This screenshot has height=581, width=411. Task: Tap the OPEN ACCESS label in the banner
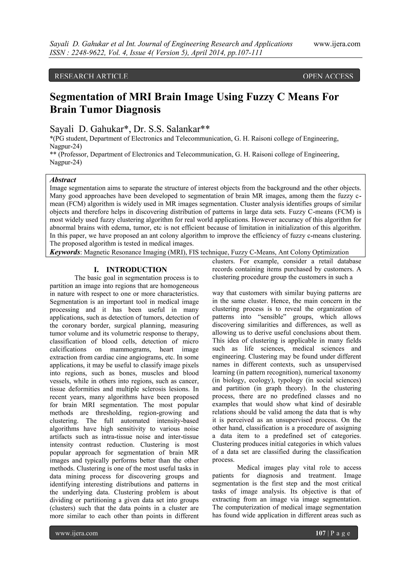coord(328,76)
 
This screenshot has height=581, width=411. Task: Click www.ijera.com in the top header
coord(337,44)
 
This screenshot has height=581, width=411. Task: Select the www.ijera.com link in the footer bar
coord(76,533)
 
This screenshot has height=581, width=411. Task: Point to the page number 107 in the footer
coord(320,533)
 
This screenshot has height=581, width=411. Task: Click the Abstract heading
coord(63,180)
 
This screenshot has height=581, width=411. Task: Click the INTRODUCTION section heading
coord(136,270)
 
